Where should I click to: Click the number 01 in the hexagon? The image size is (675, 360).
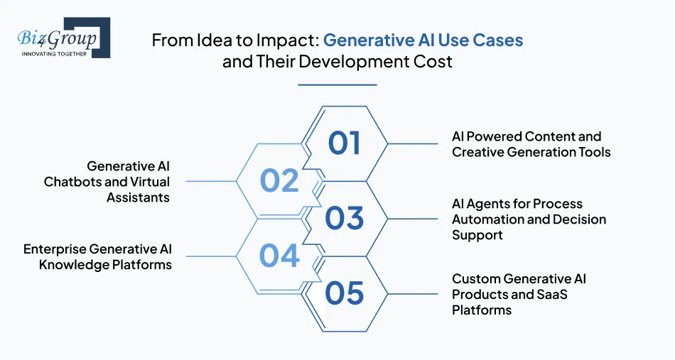(x=345, y=143)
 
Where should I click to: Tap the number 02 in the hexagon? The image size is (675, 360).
(x=279, y=181)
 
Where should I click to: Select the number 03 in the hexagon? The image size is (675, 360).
(x=345, y=218)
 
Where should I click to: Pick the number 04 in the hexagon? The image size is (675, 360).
(x=279, y=256)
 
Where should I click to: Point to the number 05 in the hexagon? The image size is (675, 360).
(x=345, y=293)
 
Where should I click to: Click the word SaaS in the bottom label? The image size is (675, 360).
(x=551, y=294)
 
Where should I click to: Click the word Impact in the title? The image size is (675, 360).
(x=290, y=40)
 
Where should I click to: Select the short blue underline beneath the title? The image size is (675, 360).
(x=337, y=84)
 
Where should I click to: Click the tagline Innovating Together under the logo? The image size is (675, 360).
(x=54, y=53)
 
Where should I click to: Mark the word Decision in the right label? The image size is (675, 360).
(x=575, y=219)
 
